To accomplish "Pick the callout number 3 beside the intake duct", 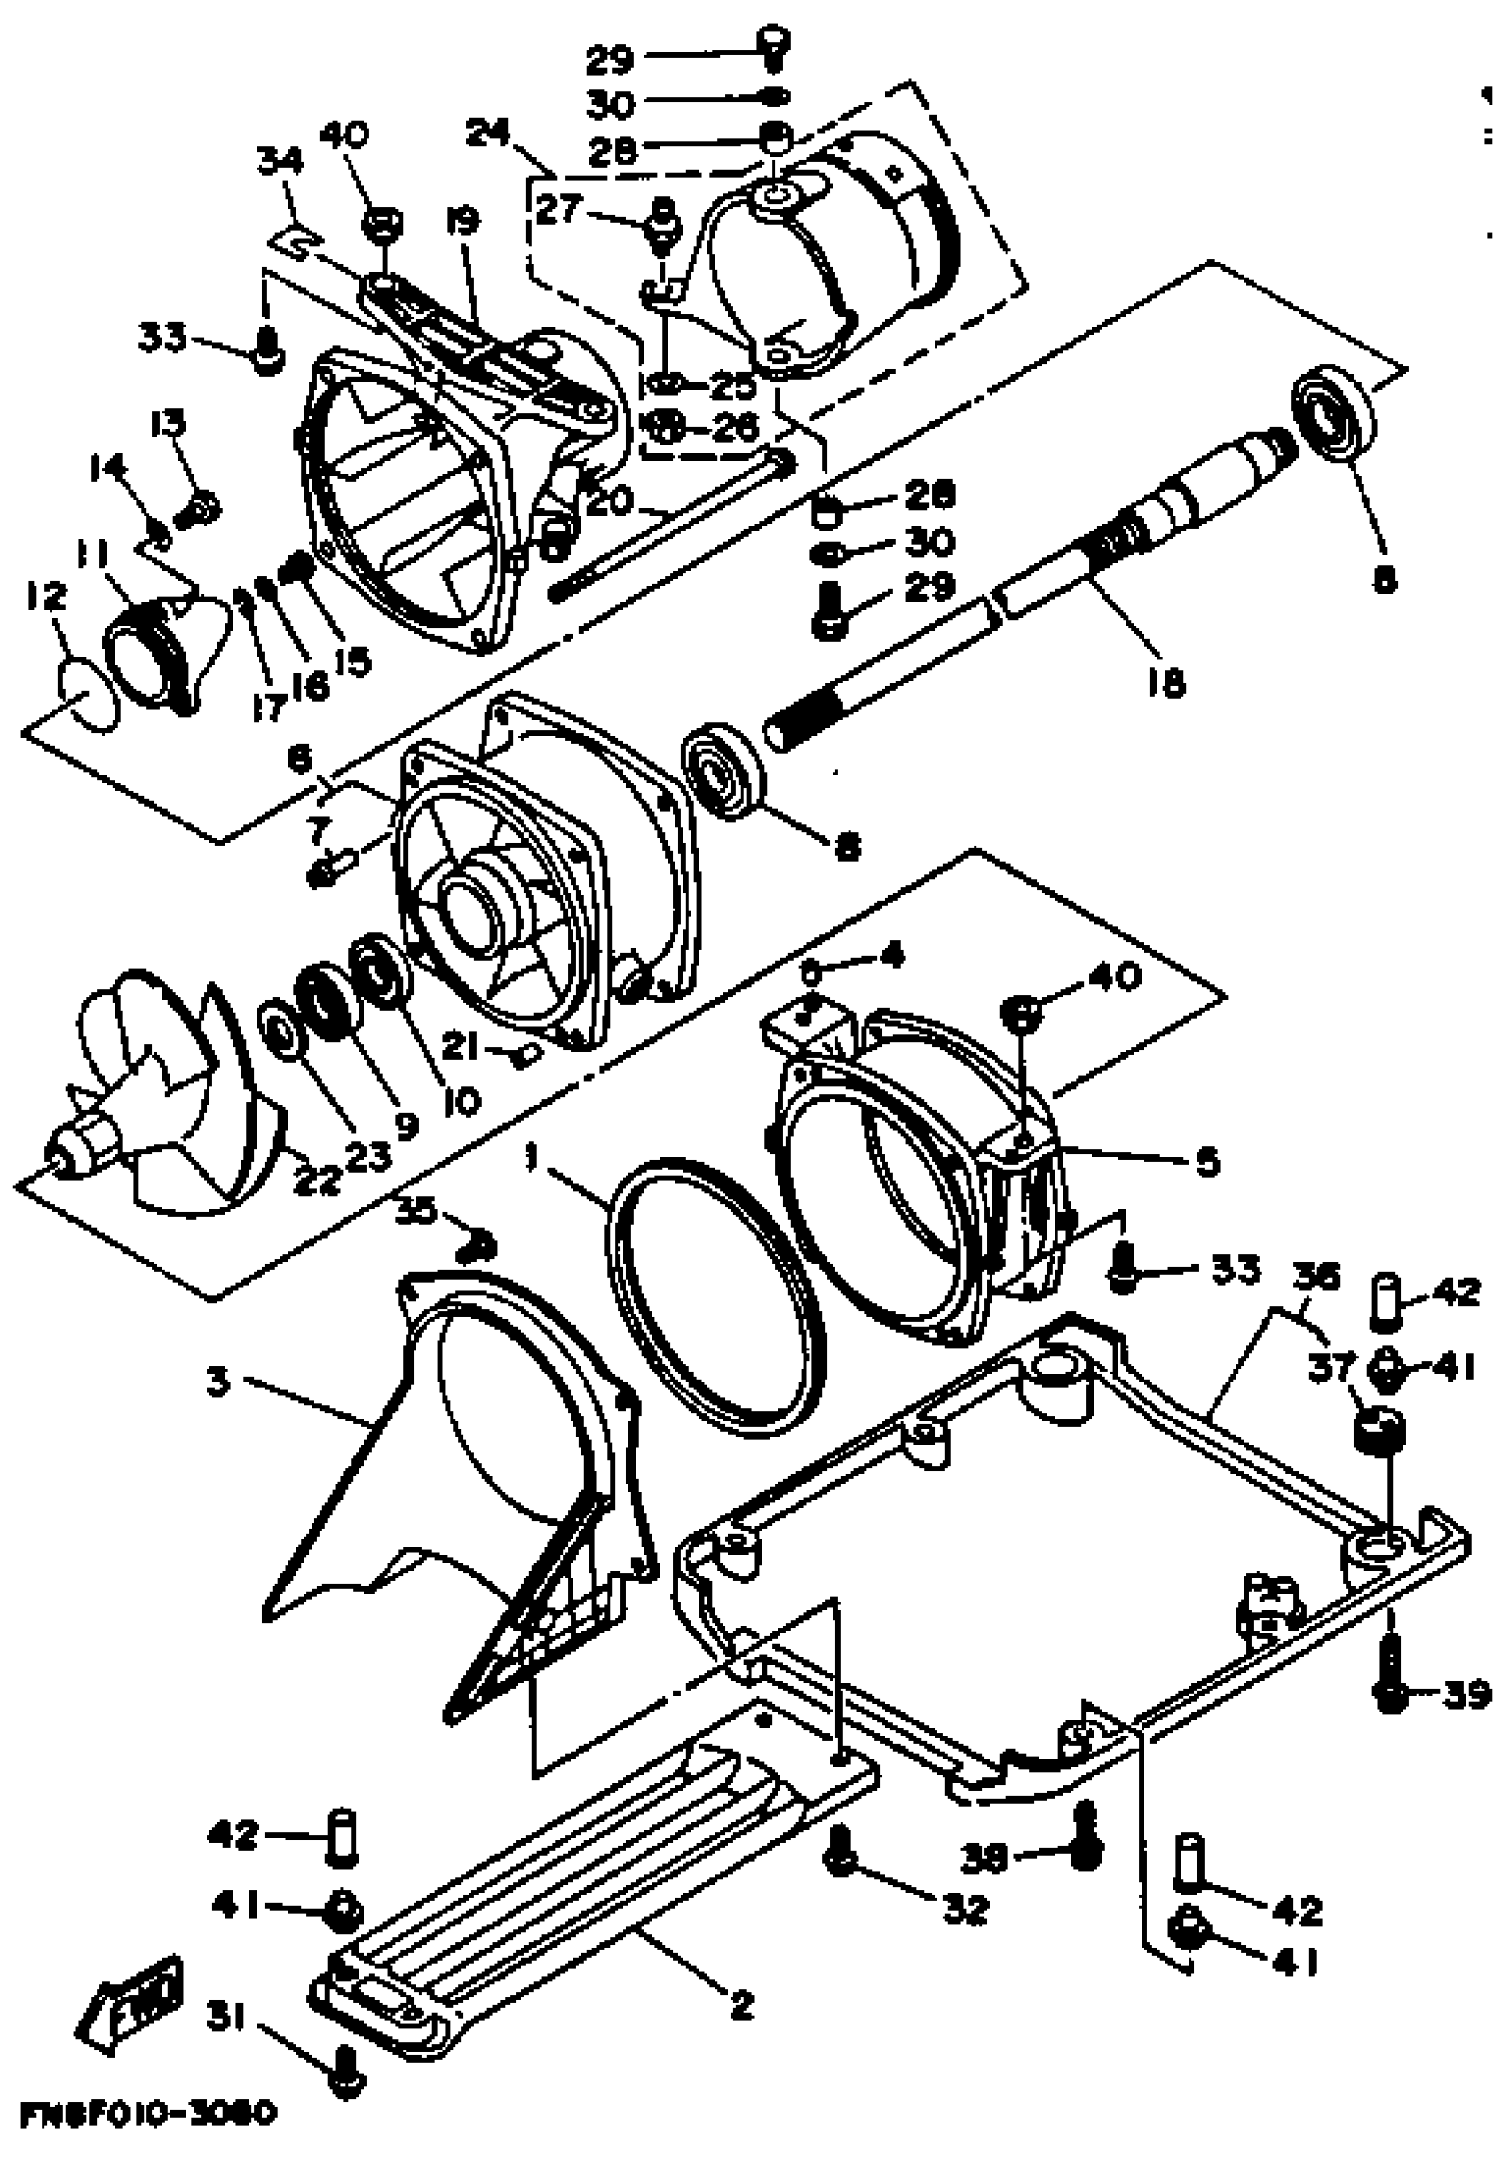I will coord(219,1383).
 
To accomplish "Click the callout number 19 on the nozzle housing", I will coord(462,223).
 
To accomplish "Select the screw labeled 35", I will coord(479,1247).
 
